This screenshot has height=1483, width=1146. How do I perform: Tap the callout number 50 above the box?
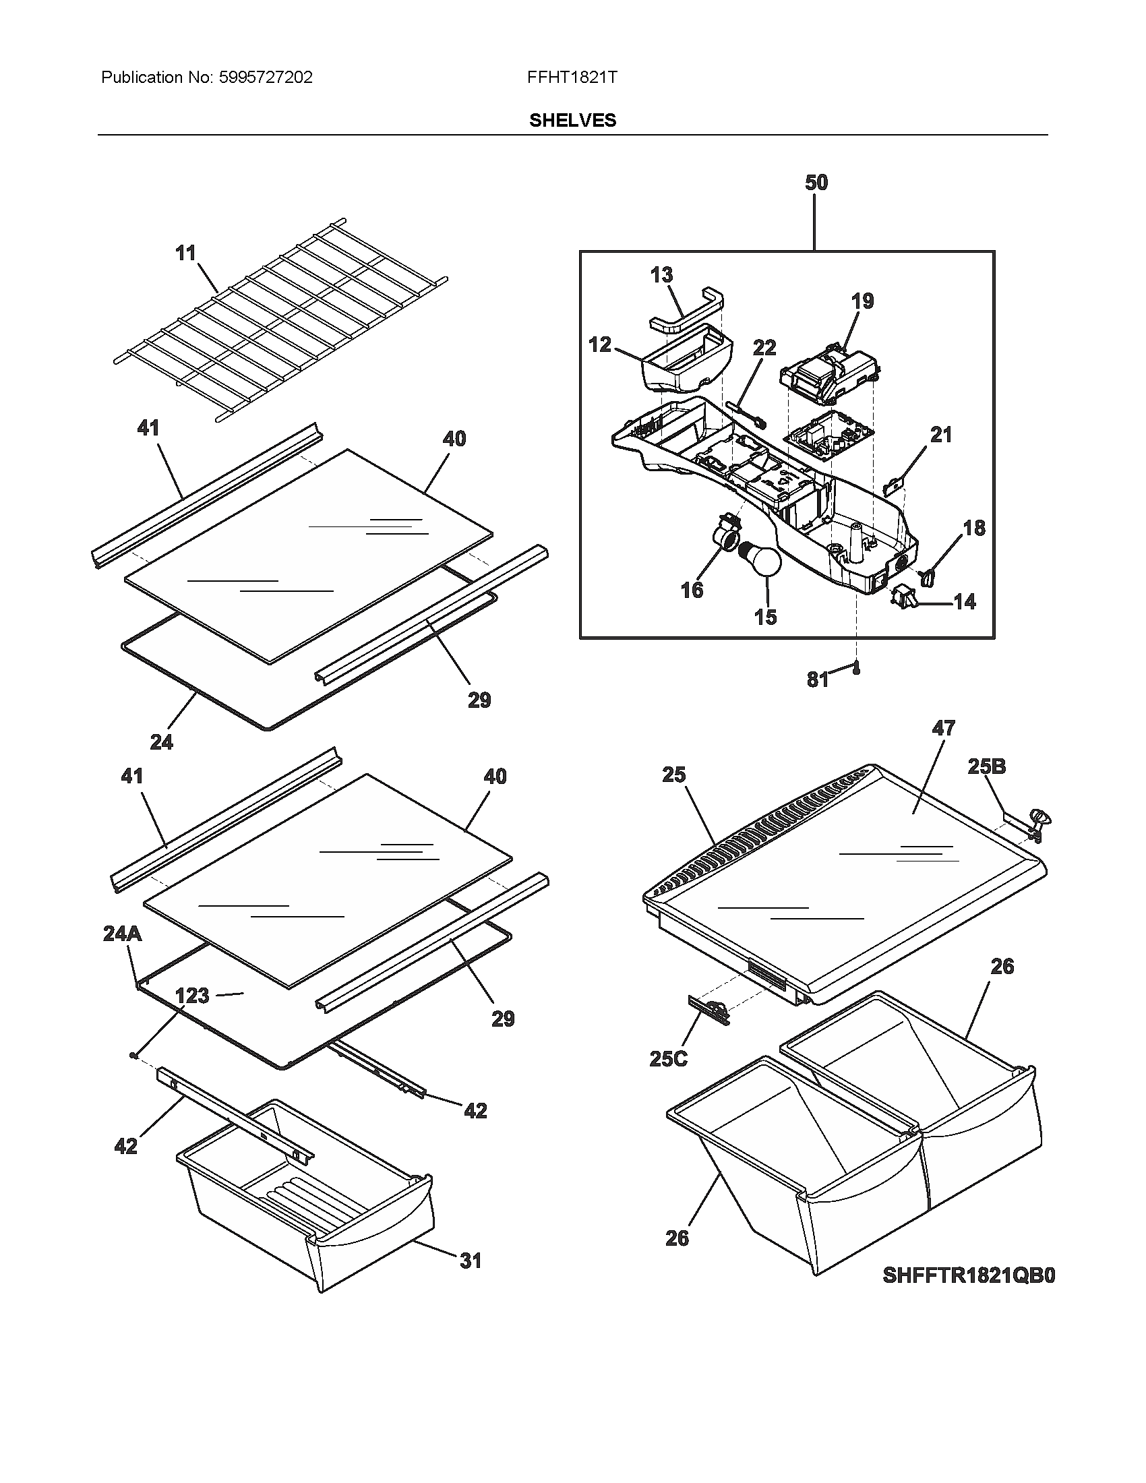816,183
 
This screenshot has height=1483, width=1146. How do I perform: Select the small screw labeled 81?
857,669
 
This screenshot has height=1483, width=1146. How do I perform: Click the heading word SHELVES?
572,120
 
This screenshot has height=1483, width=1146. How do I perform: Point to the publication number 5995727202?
266,78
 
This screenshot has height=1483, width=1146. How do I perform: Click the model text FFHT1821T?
572,78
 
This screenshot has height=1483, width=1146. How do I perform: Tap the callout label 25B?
986,766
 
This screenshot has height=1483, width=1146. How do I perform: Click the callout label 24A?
122,934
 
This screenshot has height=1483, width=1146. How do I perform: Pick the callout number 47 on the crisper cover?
943,728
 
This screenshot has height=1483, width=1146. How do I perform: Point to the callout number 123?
192,996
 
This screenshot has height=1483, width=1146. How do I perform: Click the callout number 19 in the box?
862,301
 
